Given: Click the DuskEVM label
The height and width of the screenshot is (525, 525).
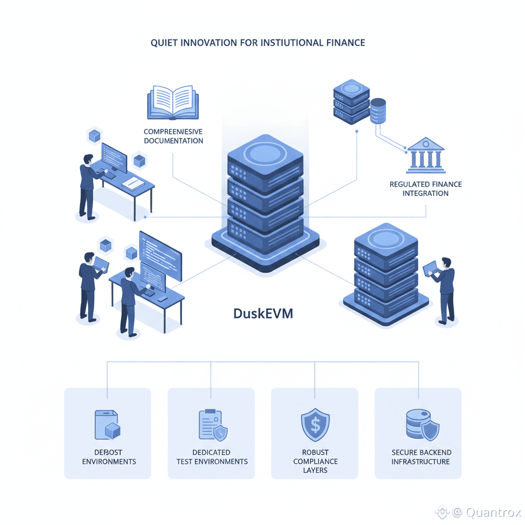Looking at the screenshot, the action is pyautogui.click(x=263, y=313).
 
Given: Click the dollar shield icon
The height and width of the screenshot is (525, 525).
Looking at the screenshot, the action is pyautogui.click(x=315, y=425).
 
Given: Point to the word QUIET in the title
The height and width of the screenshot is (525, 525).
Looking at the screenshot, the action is pyautogui.click(x=164, y=43).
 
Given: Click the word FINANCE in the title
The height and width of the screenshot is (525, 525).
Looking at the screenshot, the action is pyautogui.click(x=346, y=43).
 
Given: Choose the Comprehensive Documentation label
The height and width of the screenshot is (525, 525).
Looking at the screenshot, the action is pyautogui.click(x=173, y=136).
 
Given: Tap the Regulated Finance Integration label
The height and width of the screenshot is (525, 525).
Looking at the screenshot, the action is pyautogui.click(x=426, y=189).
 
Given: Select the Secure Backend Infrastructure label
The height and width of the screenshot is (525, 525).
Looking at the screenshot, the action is pyautogui.click(x=421, y=457).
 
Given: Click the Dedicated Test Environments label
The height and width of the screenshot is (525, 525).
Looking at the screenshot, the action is pyautogui.click(x=212, y=457).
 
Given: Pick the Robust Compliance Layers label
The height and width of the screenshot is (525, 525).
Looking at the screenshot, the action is pyautogui.click(x=315, y=461).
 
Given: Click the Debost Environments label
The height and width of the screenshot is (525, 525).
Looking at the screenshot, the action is pyautogui.click(x=109, y=457).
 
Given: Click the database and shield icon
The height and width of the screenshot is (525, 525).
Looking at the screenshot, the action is pyautogui.click(x=421, y=425).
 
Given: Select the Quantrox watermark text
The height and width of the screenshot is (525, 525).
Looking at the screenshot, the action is pyautogui.click(x=493, y=512).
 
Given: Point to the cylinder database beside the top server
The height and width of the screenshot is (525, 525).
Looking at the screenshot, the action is pyautogui.click(x=378, y=111).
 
